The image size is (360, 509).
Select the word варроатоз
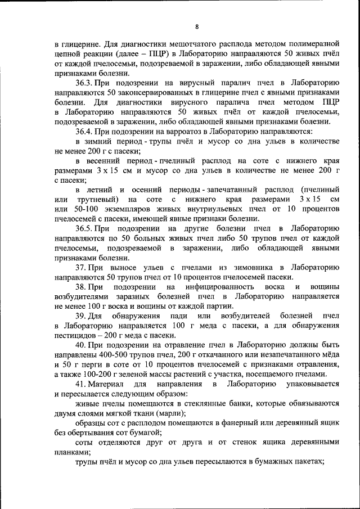(x=177, y=130)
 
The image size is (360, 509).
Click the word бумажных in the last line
(x=272, y=462)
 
